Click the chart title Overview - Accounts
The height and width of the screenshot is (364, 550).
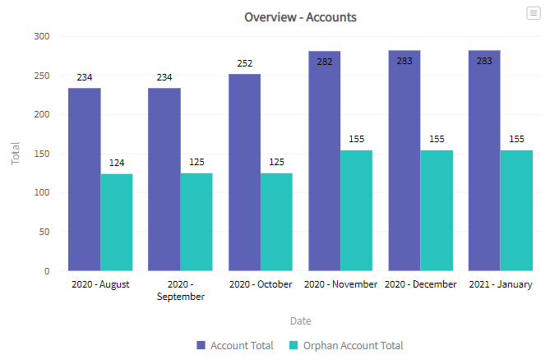coord(300,16)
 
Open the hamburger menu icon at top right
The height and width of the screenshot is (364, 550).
coord(534,13)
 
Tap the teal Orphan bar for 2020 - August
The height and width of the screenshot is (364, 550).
coord(116,222)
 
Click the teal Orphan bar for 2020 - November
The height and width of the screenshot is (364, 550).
coord(356,210)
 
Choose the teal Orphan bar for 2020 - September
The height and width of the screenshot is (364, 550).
coord(196,222)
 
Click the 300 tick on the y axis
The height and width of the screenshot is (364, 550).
coord(42,37)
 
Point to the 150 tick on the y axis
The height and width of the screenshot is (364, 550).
coord(42,154)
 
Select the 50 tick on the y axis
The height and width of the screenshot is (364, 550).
coord(45,232)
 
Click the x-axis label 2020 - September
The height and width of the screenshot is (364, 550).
coord(180,290)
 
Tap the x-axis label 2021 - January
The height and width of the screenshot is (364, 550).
coord(500,284)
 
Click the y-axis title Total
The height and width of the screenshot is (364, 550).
coord(15,154)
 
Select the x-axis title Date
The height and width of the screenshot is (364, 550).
coord(300,320)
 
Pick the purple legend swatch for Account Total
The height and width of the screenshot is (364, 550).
coord(201,346)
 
